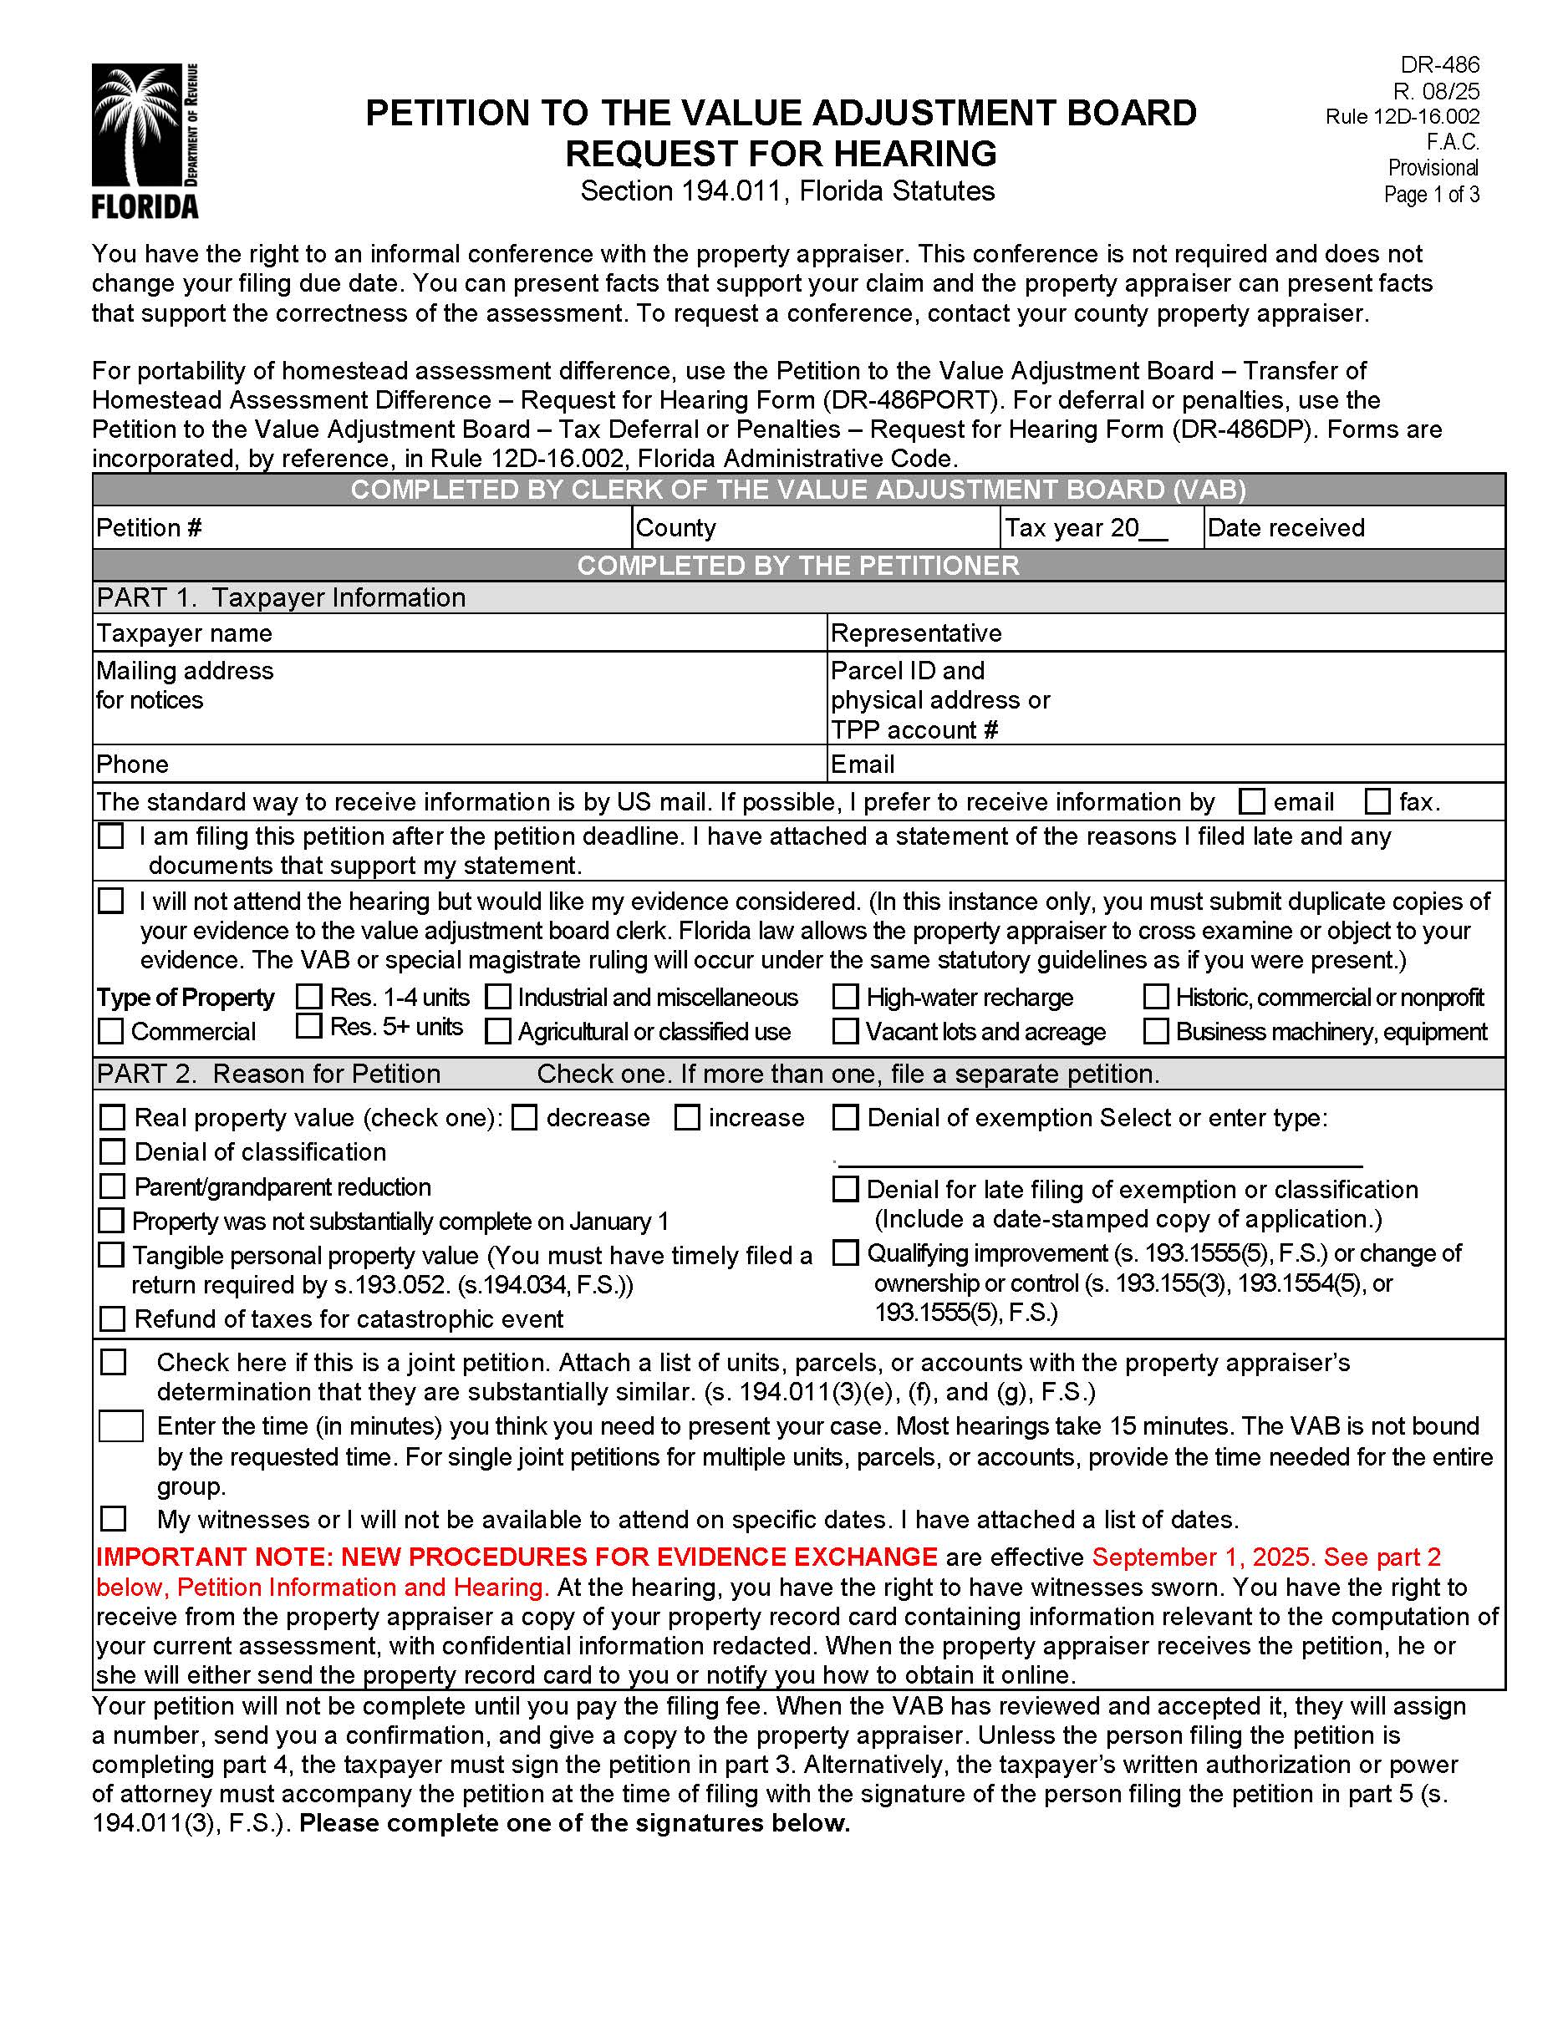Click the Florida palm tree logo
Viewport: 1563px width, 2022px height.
(x=145, y=140)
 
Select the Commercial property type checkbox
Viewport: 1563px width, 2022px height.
(x=110, y=1030)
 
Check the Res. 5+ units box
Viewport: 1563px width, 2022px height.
(x=308, y=1026)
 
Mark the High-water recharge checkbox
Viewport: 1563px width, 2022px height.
(x=844, y=996)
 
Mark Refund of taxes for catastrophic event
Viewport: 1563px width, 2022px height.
(x=112, y=1318)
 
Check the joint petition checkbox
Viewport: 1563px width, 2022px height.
(x=113, y=1362)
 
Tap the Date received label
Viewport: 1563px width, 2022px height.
(x=1286, y=528)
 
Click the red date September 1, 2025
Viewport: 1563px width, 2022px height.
(x=1203, y=1557)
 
